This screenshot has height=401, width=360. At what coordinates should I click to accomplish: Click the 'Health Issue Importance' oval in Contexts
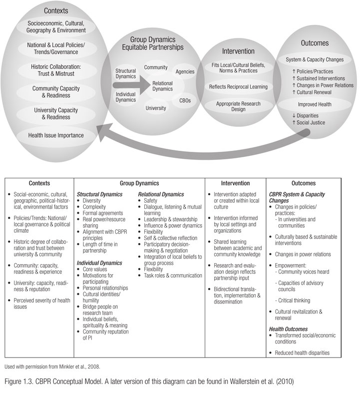click(56, 135)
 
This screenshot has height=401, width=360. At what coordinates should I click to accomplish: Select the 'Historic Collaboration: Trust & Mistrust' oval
click(56, 70)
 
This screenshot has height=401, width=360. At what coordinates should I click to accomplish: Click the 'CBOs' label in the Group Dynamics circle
click(185, 100)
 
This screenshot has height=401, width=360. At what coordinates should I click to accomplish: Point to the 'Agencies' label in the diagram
click(185, 71)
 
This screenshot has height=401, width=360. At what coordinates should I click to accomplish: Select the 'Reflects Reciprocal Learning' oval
click(238, 87)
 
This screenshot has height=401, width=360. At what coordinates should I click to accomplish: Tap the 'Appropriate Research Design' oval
click(238, 106)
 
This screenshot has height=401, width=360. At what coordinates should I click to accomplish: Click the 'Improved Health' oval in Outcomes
click(315, 105)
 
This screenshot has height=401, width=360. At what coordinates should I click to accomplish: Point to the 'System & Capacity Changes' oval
click(315, 60)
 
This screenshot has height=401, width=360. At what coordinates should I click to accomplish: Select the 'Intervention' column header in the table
click(235, 183)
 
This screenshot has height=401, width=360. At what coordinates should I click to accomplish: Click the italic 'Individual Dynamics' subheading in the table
click(100, 262)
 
